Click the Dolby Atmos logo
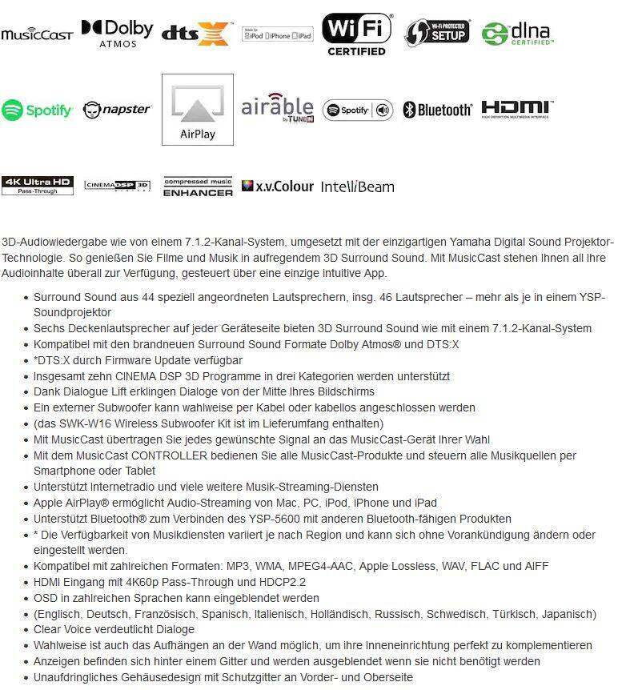(117, 33)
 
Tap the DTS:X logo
(196, 33)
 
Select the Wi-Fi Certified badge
(356, 34)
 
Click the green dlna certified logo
(517, 33)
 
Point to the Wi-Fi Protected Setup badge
(436, 32)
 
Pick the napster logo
(117, 109)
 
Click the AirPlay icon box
(197, 110)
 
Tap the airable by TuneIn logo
(277, 109)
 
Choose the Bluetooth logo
(437, 110)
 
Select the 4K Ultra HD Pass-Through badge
(37, 185)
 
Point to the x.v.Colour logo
(277, 186)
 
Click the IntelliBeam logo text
(357, 187)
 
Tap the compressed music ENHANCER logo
(198, 187)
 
